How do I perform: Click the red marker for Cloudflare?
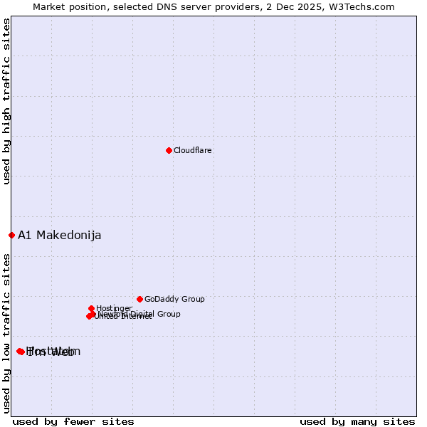(x=169, y=150)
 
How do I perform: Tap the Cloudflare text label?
(x=193, y=151)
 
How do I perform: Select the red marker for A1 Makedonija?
(x=11, y=235)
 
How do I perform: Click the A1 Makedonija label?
(x=60, y=236)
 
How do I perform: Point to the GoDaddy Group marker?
(x=139, y=299)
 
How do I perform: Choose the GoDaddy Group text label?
(x=174, y=300)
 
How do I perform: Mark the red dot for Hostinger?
(x=92, y=308)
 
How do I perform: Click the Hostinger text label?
(x=115, y=309)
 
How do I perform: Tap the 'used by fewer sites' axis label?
(x=73, y=421)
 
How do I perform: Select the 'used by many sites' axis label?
(x=357, y=421)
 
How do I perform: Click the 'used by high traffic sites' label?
(x=7, y=101)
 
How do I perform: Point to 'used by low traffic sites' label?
(x=7, y=332)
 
